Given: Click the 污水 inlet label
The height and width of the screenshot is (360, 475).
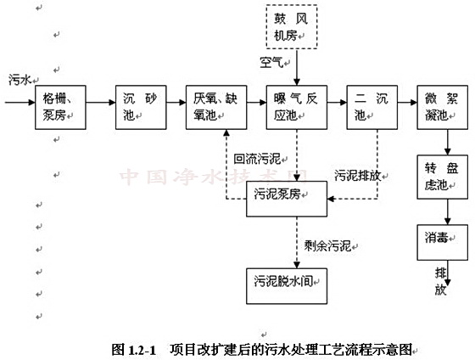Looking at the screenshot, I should pyautogui.click(x=19, y=80).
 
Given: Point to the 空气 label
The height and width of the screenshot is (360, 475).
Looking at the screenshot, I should pyautogui.click(x=273, y=62).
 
